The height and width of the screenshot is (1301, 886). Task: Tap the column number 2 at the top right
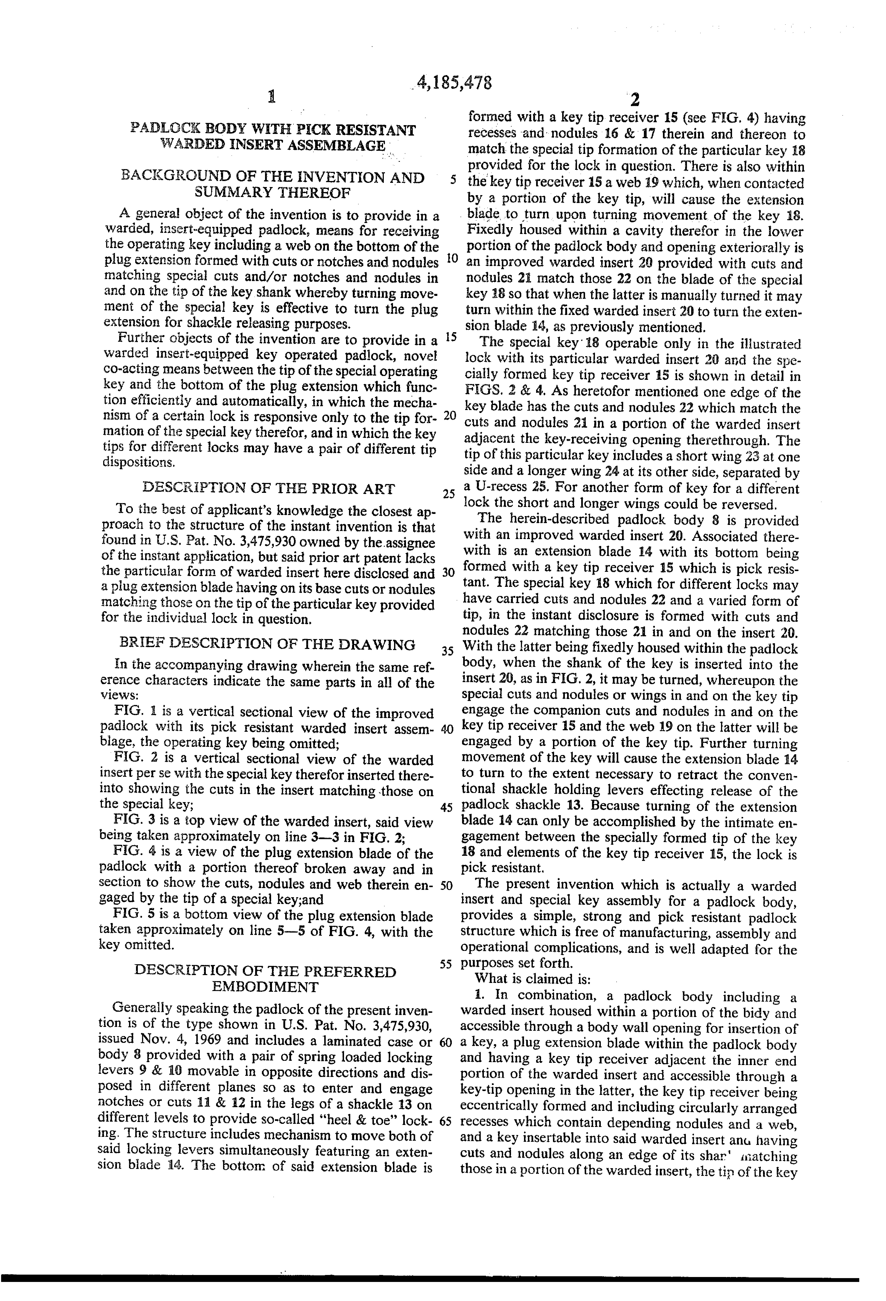[x=635, y=100]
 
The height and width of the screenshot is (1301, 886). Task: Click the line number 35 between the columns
[x=447, y=651]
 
